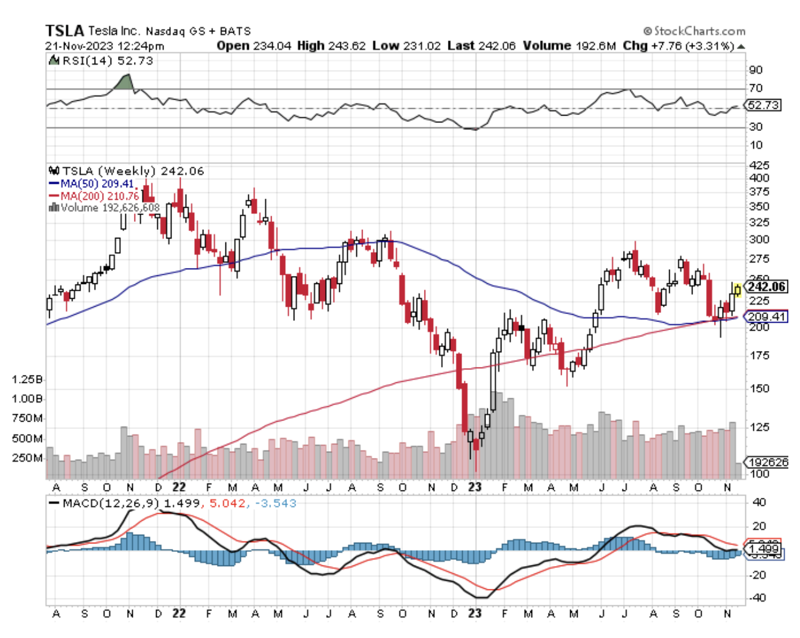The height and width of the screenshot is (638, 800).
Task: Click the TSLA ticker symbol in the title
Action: pos(65,30)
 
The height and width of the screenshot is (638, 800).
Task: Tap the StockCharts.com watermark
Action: pos(694,31)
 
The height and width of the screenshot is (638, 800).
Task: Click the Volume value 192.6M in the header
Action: pos(594,45)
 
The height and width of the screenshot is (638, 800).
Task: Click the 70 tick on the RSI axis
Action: pos(755,89)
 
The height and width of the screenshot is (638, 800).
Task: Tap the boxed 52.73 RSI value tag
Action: pos(763,105)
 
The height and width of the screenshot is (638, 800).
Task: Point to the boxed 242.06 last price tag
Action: pos(766,286)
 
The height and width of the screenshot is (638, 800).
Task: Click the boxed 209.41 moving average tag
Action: pos(765,317)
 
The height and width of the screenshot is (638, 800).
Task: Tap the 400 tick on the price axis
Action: pos(758,178)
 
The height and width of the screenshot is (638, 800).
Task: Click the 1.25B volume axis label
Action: pos(27,379)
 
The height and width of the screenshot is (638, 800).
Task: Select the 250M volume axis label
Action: pos(28,458)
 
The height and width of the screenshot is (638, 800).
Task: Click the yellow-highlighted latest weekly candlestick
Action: pos(737,289)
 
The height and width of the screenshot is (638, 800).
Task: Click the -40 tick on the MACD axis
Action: pos(757,597)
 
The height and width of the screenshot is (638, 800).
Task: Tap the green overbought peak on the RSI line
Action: pos(125,82)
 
